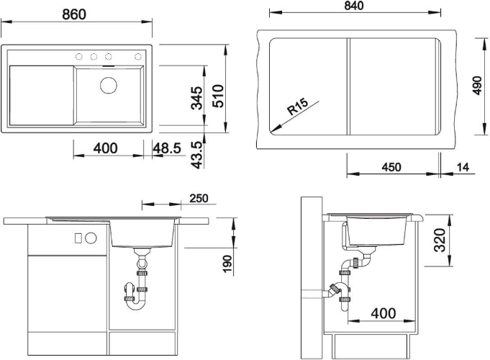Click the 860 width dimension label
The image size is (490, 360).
[x=74, y=14]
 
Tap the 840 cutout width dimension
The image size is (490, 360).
[x=354, y=6]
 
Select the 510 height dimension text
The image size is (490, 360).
[x=218, y=96]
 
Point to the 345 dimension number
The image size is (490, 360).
[x=197, y=98]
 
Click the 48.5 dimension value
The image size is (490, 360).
[x=167, y=148]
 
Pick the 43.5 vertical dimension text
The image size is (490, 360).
[x=197, y=155]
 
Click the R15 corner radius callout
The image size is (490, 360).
[x=297, y=107]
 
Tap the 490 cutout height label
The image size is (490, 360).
[x=477, y=85]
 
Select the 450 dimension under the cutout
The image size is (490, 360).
[x=391, y=167]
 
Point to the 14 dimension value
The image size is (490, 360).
[x=463, y=167]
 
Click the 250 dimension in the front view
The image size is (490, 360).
[x=199, y=198]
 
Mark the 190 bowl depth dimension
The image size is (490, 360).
[x=228, y=264]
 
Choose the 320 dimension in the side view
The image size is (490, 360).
[x=440, y=240]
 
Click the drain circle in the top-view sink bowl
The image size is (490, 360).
[x=109, y=85]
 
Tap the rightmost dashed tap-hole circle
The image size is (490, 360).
[x=138, y=57]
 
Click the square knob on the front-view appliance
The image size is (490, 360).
[x=78, y=238]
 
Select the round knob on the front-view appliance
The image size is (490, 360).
[x=91, y=238]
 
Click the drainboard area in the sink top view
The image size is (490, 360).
[x=42, y=95]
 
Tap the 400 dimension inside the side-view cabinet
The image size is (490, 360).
[x=384, y=312]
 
